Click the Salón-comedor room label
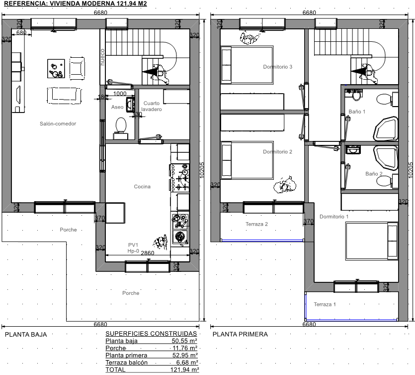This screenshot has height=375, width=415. click(x=58, y=124)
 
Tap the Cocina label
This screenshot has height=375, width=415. click(x=142, y=187)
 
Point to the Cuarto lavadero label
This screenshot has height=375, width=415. click(x=152, y=106)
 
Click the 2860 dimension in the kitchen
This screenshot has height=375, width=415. click(x=148, y=253)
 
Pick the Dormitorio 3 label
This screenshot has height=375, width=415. click(x=278, y=67)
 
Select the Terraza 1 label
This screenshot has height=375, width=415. click(x=325, y=304)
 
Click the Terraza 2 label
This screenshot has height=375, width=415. click(x=256, y=224)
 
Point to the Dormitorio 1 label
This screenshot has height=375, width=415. click(x=334, y=217)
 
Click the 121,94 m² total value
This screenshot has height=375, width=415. click(x=185, y=370)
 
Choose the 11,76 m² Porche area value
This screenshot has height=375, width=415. click(x=185, y=348)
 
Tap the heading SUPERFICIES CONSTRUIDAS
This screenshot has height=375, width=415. click(x=151, y=334)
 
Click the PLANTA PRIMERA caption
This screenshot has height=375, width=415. click(x=240, y=334)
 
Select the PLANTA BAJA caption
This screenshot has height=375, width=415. click(x=26, y=335)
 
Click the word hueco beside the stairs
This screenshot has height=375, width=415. click(x=102, y=57)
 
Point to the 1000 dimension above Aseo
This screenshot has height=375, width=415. click(x=120, y=94)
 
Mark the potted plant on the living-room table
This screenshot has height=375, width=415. click(x=56, y=69)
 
